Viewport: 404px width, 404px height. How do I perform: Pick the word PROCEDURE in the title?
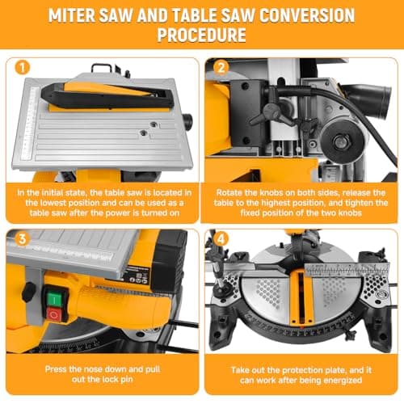click(x=202, y=35)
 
